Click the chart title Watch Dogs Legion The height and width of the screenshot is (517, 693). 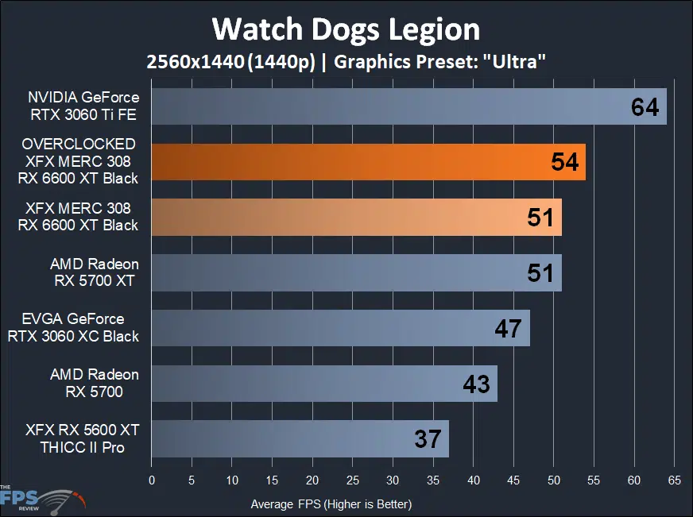(x=346, y=29)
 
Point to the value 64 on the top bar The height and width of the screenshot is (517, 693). (x=645, y=106)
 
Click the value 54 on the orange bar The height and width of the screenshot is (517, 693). (x=564, y=162)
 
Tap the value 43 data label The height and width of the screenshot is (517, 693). (x=476, y=384)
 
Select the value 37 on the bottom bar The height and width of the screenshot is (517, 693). (x=428, y=439)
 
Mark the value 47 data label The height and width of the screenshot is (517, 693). (x=508, y=328)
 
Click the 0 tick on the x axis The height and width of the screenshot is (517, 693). (x=152, y=480)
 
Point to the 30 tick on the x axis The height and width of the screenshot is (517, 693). (x=393, y=480)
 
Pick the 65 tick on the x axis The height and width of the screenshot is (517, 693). (x=674, y=480)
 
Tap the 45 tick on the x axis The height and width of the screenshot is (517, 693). (x=513, y=480)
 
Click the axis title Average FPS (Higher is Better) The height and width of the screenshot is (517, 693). (x=331, y=503)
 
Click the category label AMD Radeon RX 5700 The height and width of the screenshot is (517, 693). (x=94, y=383)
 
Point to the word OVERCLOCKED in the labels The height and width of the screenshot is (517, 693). (x=79, y=144)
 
